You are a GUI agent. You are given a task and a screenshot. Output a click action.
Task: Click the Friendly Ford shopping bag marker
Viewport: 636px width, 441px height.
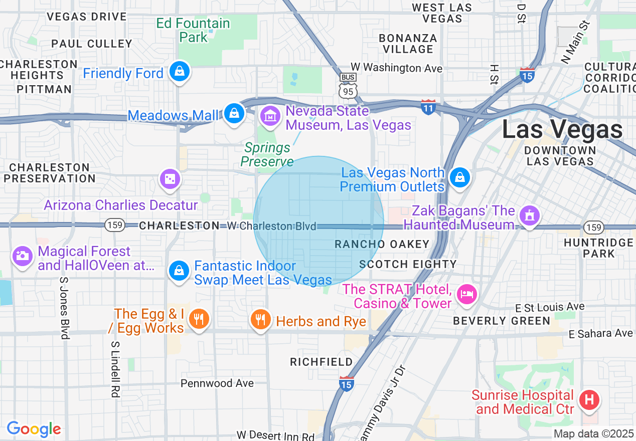(x=179, y=72)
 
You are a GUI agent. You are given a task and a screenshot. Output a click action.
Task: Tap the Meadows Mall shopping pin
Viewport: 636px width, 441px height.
(x=234, y=113)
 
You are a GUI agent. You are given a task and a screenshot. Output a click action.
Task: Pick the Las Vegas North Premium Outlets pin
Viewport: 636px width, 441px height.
(x=459, y=177)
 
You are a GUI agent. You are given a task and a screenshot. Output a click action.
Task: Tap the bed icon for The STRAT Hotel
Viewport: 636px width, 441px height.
(x=467, y=294)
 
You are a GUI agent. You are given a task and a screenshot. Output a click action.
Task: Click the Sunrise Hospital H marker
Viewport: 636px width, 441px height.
(x=589, y=400)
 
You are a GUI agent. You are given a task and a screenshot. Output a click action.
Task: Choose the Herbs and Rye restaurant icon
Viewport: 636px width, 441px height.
(x=260, y=319)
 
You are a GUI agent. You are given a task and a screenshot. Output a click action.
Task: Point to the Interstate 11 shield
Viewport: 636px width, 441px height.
(x=428, y=108)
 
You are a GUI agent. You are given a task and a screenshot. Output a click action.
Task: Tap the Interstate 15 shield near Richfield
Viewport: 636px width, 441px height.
(x=347, y=383)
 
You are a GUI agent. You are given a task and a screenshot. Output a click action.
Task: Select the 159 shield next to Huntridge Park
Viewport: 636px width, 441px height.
(x=594, y=228)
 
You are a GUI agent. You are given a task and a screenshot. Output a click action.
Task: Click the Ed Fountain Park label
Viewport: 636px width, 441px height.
(x=193, y=30)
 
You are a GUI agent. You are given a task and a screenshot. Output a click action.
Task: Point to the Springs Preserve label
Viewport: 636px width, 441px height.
(x=267, y=154)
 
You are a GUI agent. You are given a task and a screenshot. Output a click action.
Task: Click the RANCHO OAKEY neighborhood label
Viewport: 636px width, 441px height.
(x=382, y=244)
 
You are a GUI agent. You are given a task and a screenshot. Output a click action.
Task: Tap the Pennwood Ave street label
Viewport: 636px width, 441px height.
(x=217, y=383)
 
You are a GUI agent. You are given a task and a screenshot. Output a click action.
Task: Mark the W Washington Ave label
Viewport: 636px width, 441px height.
(x=396, y=67)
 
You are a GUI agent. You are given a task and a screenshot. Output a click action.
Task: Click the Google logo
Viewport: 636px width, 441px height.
(x=34, y=429)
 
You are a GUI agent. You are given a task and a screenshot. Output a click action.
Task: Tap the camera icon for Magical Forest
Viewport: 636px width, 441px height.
(x=22, y=256)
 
